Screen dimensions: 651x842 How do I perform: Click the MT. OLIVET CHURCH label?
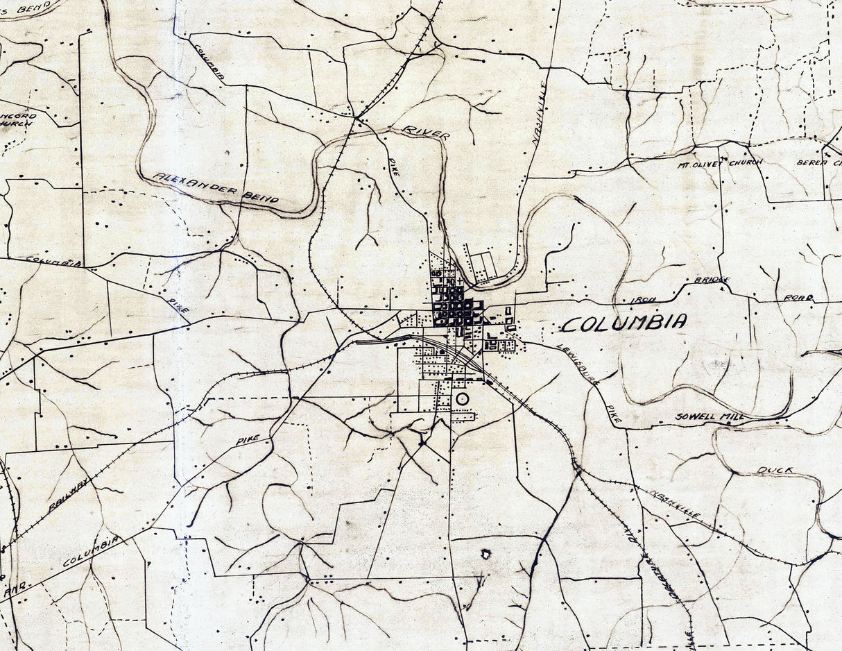coord(720,162)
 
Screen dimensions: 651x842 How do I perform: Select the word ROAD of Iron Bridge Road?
coord(798,298)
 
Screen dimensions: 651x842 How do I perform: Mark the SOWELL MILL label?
coord(710,417)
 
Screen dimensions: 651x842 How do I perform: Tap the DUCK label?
coord(775,471)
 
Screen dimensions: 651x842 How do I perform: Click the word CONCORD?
coord(19,117)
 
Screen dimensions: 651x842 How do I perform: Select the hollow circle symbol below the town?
coord(463,399)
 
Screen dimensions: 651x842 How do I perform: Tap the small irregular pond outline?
coord(486,554)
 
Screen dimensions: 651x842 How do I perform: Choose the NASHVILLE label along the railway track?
coord(677,505)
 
